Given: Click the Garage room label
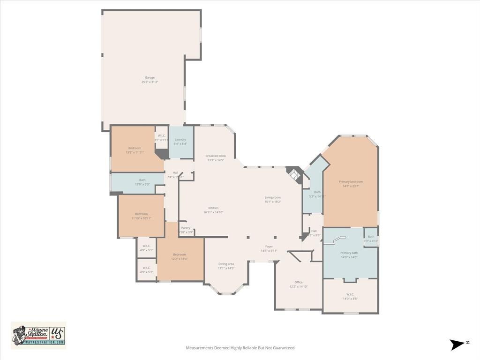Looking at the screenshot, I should pyautogui.click(x=150, y=78).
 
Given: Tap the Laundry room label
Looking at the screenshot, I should pyautogui.click(x=180, y=140).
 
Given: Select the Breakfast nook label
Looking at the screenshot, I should pyautogui.click(x=216, y=156).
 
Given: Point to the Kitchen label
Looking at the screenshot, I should pyautogui.click(x=213, y=208).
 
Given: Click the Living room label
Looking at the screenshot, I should pyautogui.click(x=273, y=197).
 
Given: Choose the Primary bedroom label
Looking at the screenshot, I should pyautogui.click(x=351, y=182).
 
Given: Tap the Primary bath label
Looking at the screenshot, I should pyautogui.click(x=349, y=253).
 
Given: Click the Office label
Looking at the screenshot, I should pyautogui.click(x=299, y=282).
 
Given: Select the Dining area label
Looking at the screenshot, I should pyautogui.click(x=226, y=264).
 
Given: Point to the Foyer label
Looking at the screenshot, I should pyautogui.click(x=269, y=247).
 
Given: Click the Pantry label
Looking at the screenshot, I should pyautogui.click(x=186, y=228).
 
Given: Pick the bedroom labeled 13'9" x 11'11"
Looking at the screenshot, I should pyautogui.click(x=135, y=148).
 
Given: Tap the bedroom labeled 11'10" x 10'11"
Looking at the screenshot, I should pyautogui.click(x=141, y=214).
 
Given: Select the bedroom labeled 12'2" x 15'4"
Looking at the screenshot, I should pyautogui.click(x=180, y=255).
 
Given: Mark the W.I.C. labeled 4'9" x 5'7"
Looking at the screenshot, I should pyautogui.click(x=146, y=268).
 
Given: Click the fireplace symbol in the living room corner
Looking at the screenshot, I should pyautogui.click(x=294, y=175).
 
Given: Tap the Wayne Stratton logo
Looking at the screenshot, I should pyautogui.click(x=38, y=335).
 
